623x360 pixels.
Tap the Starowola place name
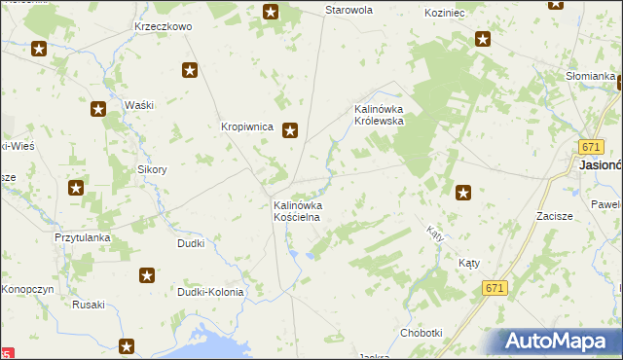(348, 10)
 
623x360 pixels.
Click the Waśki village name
(139, 104)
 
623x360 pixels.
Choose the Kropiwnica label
(244, 126)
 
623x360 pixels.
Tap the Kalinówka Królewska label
(385, 115)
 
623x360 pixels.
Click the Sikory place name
(152, 169)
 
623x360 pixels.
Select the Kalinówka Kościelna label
(297, 212)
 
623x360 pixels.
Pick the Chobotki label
(421, 333)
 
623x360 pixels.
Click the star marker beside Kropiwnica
(290, 130)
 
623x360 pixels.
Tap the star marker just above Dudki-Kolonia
(147, 276)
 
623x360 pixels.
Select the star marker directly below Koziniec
(483, 39)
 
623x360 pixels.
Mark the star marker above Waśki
(190, 70)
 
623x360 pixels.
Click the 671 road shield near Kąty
(495, 288)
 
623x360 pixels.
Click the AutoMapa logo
(559, 341)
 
